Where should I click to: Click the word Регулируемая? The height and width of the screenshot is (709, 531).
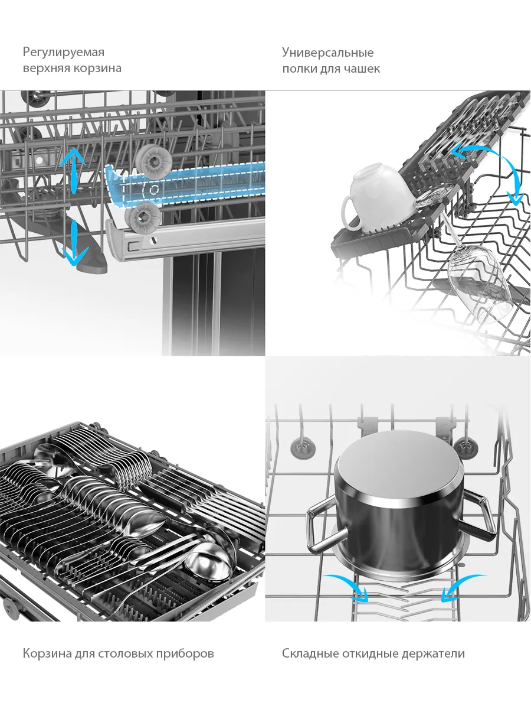coord(64,52)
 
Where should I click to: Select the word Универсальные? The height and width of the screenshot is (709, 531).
coord(328,53)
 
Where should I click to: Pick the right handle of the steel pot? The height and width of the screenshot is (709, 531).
coord(477,516)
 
